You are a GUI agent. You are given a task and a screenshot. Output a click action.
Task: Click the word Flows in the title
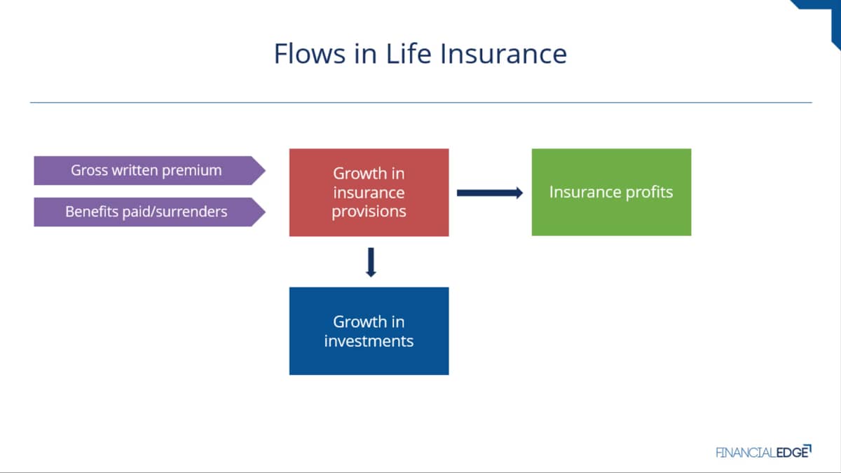(x=310, y=53)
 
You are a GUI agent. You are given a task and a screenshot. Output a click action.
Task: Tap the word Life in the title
(x=409, y=53)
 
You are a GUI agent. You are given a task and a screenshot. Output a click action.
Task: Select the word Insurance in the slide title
(x=503, y=53)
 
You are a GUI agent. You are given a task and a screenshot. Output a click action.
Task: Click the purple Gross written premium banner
(x=149, y=170)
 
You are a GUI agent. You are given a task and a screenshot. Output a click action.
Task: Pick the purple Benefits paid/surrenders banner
(x=149, y=212)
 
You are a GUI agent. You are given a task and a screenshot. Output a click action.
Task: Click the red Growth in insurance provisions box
(x=369, y=193)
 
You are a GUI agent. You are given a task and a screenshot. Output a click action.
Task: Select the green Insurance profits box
(x=611, y=192)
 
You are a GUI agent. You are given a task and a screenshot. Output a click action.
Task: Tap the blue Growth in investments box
(x=369, y=331)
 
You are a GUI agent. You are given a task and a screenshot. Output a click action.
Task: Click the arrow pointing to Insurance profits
(x=490, y=193)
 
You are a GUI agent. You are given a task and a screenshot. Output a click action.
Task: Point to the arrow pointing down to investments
(x=371, y=262)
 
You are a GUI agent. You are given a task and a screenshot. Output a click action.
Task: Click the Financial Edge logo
(x=763, y=451)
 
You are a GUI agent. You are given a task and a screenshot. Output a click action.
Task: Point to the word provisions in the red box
(x=369, y=212)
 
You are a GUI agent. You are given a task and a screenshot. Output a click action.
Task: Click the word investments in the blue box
(x=369, y=341)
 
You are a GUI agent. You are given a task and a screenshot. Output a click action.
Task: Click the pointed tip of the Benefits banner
(x=265, y=212)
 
